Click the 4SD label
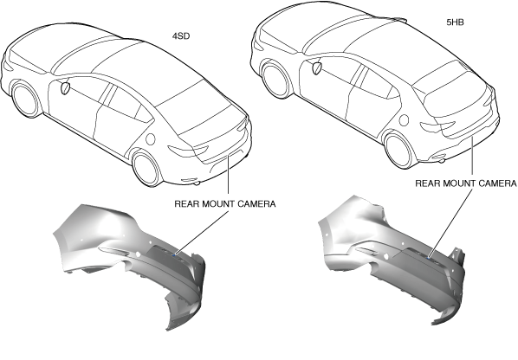click(181, 36)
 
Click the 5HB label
click(455, 22)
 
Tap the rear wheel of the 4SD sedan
click(146, 168)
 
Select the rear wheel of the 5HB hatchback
click(399, 151)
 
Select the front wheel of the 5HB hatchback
click(276, 80)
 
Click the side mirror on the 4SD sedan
click(65, 87)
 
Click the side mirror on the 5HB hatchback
click(317, 68)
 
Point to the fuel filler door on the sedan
click(151, 138)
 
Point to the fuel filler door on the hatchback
click(404, 120)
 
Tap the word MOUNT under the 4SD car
click(217, 204)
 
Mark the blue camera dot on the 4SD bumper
click(174, 254)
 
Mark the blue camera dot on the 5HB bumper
click(429, 257)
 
